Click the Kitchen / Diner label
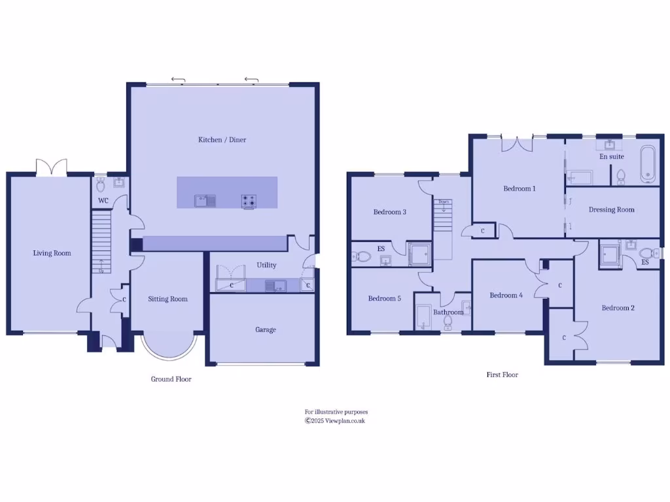(222, 140)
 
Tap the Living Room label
(52, 253)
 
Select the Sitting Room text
(167, 299)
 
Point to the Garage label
(265, 330)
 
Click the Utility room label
(266, 265)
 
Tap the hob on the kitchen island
(249, 201)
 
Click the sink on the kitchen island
(205, 201)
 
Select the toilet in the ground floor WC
(101, 184)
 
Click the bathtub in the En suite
(648, 163)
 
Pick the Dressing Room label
(611, 210)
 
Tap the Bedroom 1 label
(519, 189)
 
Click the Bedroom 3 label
(390, 212)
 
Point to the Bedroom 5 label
(384, 299)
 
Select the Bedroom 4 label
(506, 295)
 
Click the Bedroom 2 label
(618, 308)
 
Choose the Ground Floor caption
(171, 379)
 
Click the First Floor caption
(502, 375)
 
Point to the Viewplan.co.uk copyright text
(335, 421)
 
